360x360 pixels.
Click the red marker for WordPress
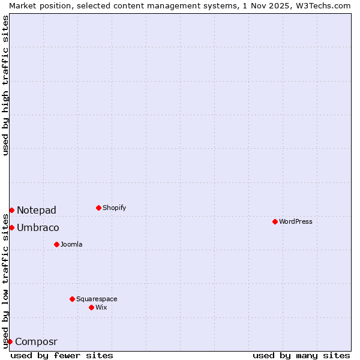pyautogui.click(x=275, y=221)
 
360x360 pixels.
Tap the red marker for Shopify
pyautogui.click(x=98, y=208)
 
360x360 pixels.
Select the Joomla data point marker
pyautogui.click(x=56, y=244)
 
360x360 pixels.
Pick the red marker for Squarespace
pyautogui.click(x=72, y=299)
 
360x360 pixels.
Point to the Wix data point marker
pyautogui.click(x=91, y=307)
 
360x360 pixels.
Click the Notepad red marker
pyautogui.click(x=11, y=210)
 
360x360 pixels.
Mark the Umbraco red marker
pyautogui.click(x=11, y=227)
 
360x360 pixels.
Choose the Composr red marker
pyautogui.click(x=10, y=341)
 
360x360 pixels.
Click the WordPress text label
pyautogui.click(x=295, y=221)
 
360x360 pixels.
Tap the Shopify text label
pyautogui.click(x=114, y=208)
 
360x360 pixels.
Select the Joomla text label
pyautogui.click(x=71, y=244)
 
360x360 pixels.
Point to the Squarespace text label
pyautogui.click(x=97, y=299)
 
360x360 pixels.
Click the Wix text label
pyautogui.click(x=101, y=307)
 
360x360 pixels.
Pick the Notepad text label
pyautogui.click(x=37, y=210)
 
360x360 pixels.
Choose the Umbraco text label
pyautogui.click(x=38, y=227)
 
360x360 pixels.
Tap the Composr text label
pyautogui.click(x=36, y=341)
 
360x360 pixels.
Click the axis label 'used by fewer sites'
pyautogui.click(x=62, y=355)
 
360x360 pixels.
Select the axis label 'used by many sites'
pyautogui.click(x=301, y=355)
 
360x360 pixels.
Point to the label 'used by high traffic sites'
pyautogui.click(x=5, y=85)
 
